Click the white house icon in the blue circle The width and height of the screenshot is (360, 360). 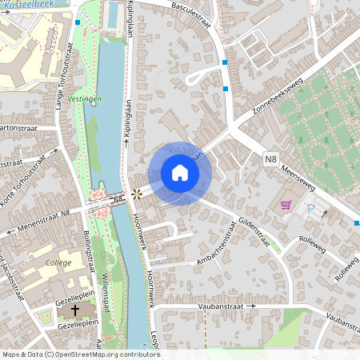click(180, 173)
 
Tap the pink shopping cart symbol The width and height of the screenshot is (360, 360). click(286, 206)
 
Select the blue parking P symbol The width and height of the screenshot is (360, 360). click(310, 208)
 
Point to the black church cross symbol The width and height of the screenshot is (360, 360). click(76, 309)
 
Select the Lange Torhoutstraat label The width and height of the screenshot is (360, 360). click(60, 81)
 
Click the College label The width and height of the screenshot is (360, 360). click(58, 262)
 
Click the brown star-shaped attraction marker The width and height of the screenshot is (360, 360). click(137, 194)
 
